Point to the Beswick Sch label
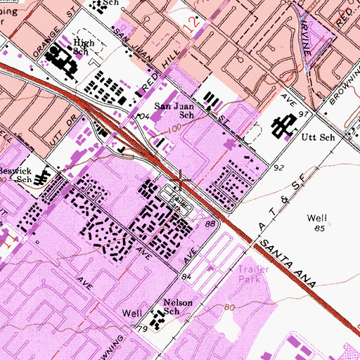pos(15,174)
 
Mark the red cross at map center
pos(181,181)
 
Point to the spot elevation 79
pos(141,329)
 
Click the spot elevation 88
pos(210,224)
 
